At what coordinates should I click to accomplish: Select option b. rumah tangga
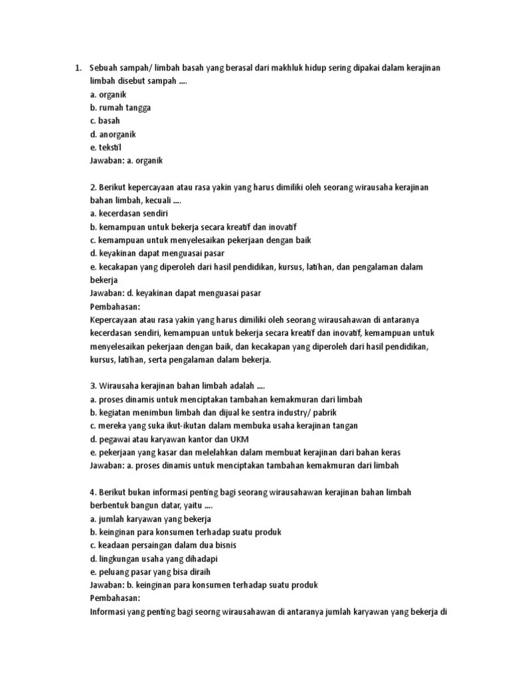[120, 108]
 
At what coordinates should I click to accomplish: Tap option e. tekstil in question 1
[106, 147]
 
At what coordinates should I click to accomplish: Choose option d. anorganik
[113, 133]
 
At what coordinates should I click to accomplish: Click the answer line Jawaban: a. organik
[126, 160]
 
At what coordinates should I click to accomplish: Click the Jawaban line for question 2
[176, 293]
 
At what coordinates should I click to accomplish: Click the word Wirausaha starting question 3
[120, 386]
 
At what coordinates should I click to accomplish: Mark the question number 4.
[93, 492]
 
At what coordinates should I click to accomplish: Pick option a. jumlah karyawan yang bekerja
[151, 519]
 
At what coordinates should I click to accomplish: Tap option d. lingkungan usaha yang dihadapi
[154, 558]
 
